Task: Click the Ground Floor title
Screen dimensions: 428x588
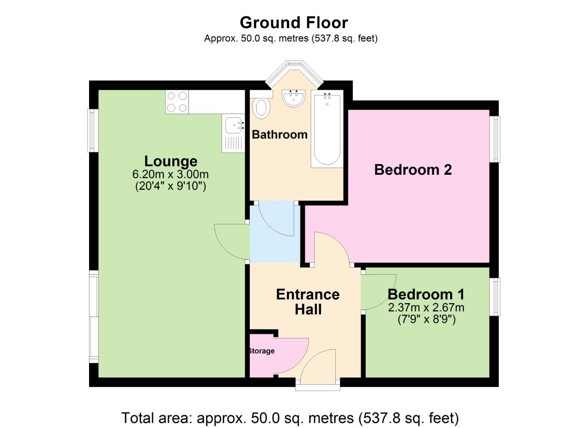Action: [x=294, y=23]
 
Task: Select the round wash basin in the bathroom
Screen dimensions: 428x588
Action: [x=293, y=97]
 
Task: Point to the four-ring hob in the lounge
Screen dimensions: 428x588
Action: [x=177, y=102]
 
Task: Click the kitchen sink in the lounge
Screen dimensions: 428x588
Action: [x=233, y=127]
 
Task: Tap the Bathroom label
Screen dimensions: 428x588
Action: [x=280, y=135]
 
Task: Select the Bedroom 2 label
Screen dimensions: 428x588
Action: [x=413, y=170]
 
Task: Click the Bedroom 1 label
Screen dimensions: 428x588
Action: [x=426, y=294]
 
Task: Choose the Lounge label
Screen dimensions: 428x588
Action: [x=171, y=161]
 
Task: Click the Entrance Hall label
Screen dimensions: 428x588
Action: [x=308, y=302]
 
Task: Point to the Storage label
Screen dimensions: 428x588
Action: [x=261, y=351]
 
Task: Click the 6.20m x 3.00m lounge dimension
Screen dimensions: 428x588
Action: [x=171, y=174]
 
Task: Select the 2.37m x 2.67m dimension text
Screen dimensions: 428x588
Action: [x=426, y=308]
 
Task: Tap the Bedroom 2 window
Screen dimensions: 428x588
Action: [x=495, y=139]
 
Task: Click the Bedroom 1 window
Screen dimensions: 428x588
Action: [x=495, y=297]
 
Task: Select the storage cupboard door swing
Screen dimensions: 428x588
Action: [x=291, y=355]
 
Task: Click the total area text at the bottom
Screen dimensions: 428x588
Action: [x=290, y=418]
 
